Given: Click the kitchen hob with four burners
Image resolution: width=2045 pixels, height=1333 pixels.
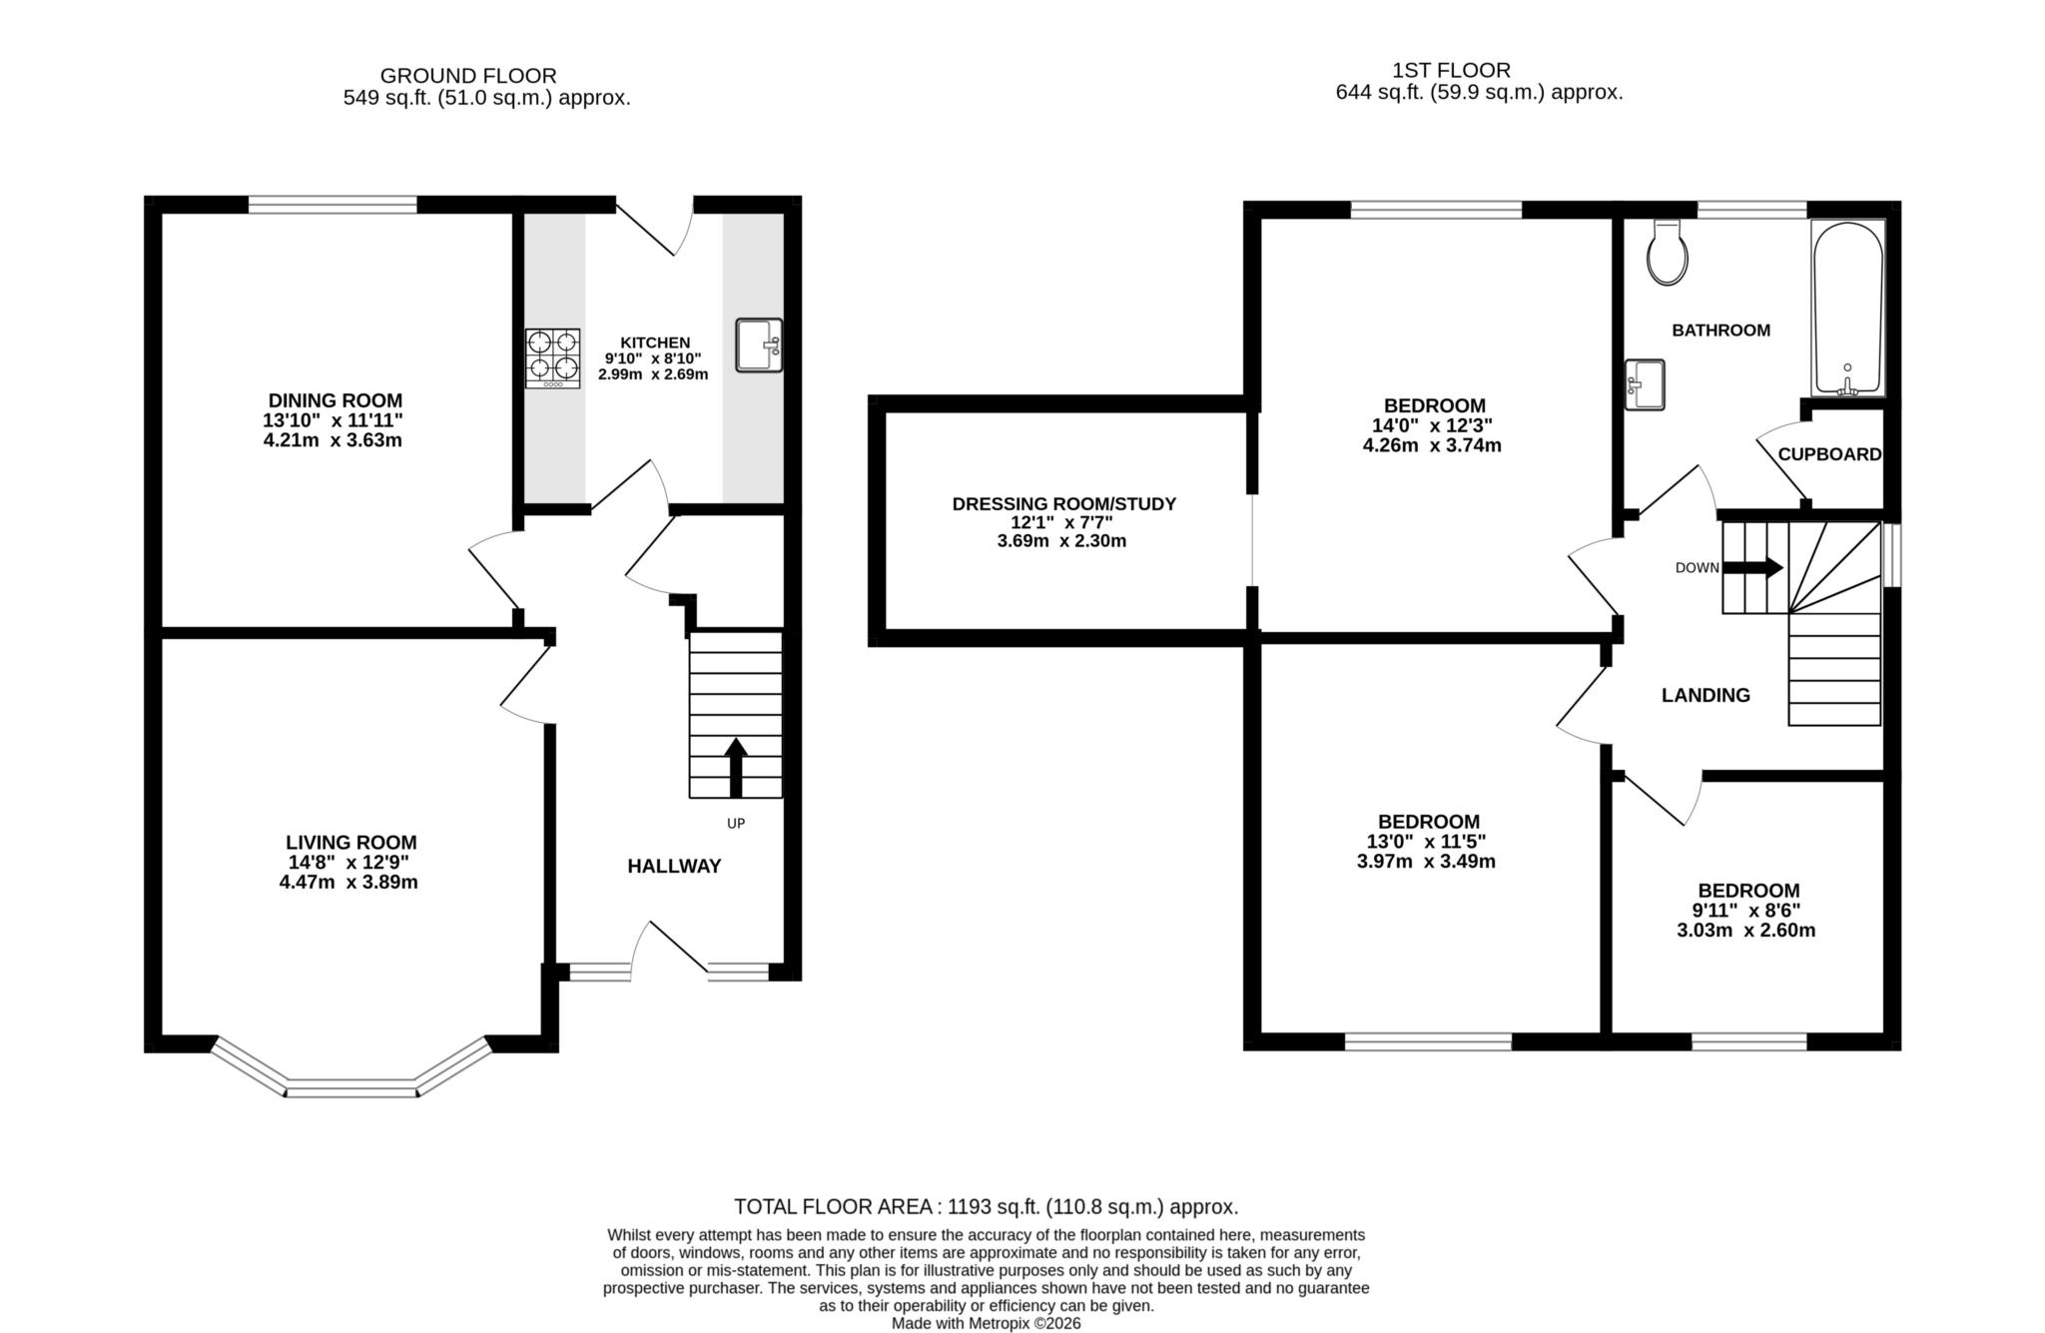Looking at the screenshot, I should [x=552, y=358].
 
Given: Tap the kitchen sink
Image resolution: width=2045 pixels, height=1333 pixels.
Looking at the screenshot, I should [x=759, y=345].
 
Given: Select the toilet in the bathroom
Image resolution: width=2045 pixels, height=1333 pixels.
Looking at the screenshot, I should [x=1668, y=254].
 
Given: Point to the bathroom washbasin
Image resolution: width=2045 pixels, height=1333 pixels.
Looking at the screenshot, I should [x=1644, y=384].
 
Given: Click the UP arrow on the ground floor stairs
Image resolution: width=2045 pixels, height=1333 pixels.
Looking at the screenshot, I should [x=736, y=767].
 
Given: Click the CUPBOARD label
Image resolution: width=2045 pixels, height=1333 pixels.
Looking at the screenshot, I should [x=1829, y=454].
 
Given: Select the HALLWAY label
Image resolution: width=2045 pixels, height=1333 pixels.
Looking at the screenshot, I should [x=674, y=866].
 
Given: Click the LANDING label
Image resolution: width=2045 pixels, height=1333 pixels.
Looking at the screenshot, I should [x=1705, y=695].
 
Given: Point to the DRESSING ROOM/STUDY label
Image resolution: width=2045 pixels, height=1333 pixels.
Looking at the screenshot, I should [x=1064, y=504].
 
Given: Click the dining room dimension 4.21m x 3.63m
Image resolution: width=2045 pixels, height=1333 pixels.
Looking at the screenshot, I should [x=333, y=440].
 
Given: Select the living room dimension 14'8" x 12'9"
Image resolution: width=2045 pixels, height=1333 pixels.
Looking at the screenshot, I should [x=348, y=863].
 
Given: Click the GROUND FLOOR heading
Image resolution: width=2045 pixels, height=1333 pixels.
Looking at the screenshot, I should [x=468, y=76].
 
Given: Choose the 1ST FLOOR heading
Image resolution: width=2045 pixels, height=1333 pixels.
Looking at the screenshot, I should [x=1451, y=70].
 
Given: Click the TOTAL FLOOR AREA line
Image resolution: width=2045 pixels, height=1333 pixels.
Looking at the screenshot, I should [x=986, y=1206].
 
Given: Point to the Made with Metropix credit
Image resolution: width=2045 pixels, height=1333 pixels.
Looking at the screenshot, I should [x=986, y=1323].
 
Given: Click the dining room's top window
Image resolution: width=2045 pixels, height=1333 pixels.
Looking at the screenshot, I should [x=333, y=205].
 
